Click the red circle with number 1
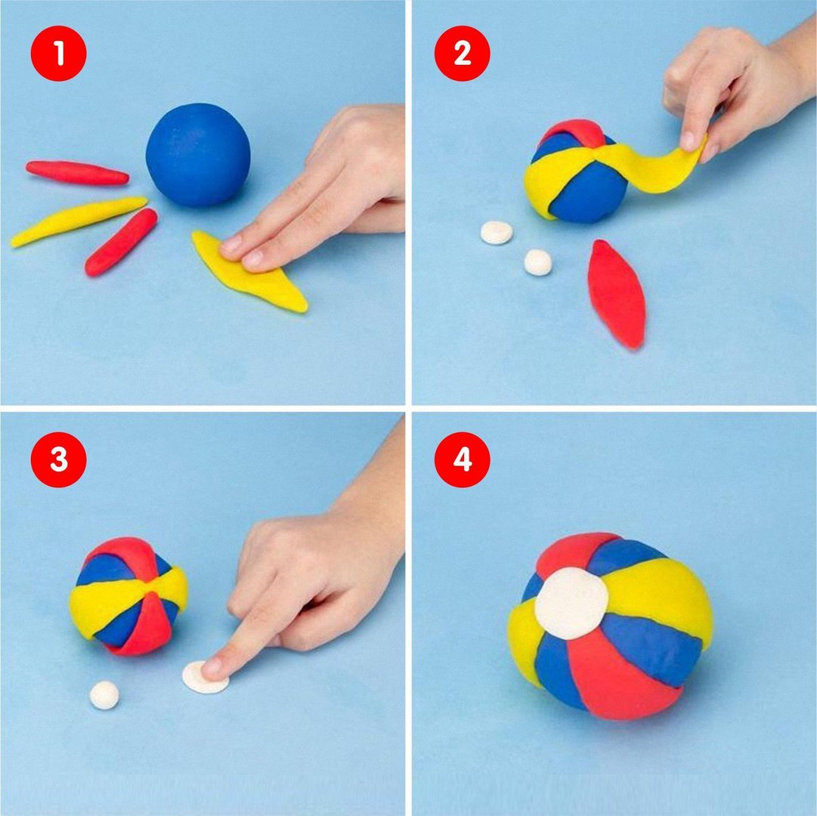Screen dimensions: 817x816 click(58, 53)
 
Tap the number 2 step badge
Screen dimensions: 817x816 click(463, 53)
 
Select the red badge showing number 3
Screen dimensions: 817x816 click(58, 459)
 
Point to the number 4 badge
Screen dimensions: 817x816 click(463, 459)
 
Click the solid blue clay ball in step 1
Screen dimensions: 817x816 click(198, 155)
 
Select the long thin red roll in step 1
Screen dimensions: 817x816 click(77, 172)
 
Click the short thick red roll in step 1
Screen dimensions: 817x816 click(121, 242)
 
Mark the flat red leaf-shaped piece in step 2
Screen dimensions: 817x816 click(617, 294)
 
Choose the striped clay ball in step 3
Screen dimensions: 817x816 click(128, 596)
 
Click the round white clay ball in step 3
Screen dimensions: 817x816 click(104, 695)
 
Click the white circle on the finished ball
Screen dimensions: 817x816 click(571, 603)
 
